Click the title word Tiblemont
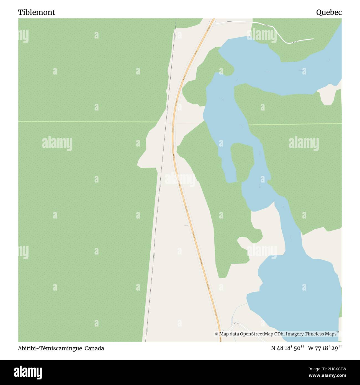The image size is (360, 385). click(x=37, y=12)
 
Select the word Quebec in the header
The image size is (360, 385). click(x=329, y=12)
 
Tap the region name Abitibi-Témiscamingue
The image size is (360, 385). click(x=50, y=348)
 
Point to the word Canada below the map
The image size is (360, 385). click(x=94, y=348)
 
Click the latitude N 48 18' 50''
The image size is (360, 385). click(x=288, y=348)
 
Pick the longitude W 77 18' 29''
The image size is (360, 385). click(x=325, y=348)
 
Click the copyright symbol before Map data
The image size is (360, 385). click(x=216, y=334)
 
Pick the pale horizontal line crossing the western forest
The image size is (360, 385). click(x=83, y=122)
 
